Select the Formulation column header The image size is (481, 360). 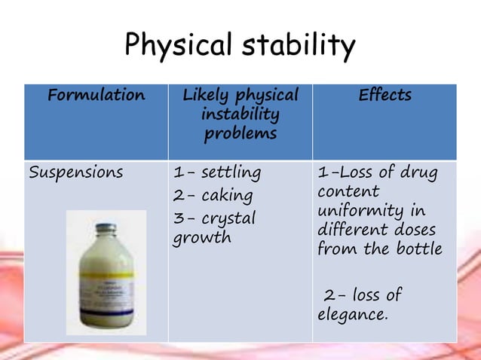point(96,96)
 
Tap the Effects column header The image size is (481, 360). point(384,96)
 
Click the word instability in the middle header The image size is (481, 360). point(240,114)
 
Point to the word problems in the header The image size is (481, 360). point(240,133)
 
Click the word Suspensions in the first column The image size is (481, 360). point(75,172)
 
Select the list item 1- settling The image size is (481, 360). point(217,173)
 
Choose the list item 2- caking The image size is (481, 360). point(213,196)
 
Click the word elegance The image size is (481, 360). point(352,313)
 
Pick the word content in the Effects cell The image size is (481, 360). point(348,191)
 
